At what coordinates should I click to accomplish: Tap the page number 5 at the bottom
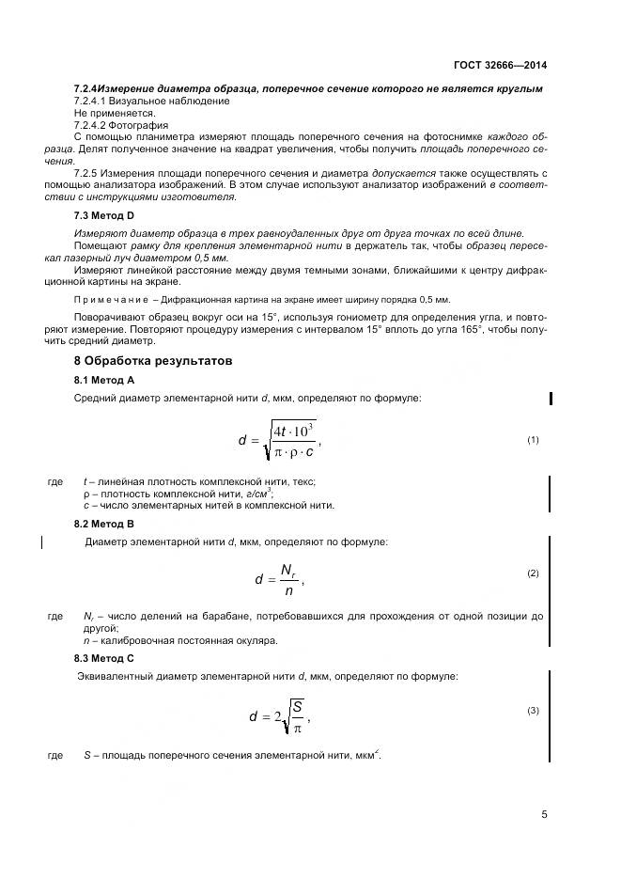[544, 814]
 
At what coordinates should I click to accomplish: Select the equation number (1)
[533, 439]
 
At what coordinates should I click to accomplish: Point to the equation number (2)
[533, 573]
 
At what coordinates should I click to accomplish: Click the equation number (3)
[533, 710]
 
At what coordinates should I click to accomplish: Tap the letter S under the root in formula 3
[297, 705]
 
